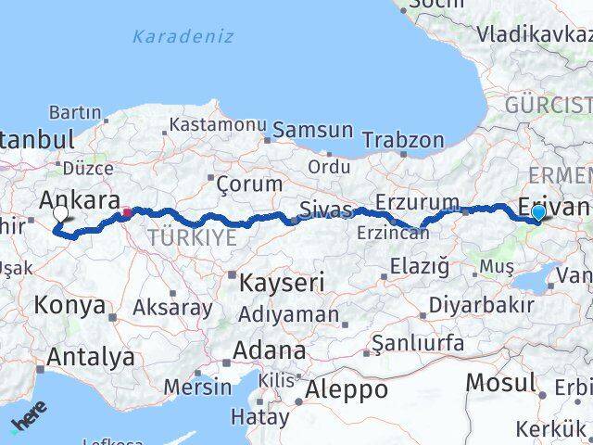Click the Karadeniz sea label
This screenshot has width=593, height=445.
pyautogui.click(x=183, y=38)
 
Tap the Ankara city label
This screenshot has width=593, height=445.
pyautogui.click(x=81, y=200)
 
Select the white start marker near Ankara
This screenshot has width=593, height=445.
pyautogui.click(x=61, y=214)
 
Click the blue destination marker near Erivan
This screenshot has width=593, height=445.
pyautogui.click(x=539, y=213)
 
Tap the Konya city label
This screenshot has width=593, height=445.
pyautogui.click(x=69, y=304)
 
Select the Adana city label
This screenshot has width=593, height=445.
pyautogui.click(x=270, y=351)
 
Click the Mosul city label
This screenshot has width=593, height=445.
pyautogui.click(x=500, y=381)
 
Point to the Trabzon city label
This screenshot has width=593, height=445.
pyautogui.click(x=404, y=141)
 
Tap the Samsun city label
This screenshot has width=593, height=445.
pyautogui.click(x=312, y=131)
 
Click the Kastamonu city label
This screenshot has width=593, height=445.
pyautogui.click(x=219, y=124)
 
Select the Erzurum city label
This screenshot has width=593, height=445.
pyautogui.click(x=418, y=201)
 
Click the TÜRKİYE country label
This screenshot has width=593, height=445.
pyautogui.click(x=191, y=237)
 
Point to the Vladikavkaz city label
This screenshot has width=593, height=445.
pyautogui.click(x=535, y=35)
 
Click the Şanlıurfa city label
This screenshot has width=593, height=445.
pyautogui.click(x=418, y=343)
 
